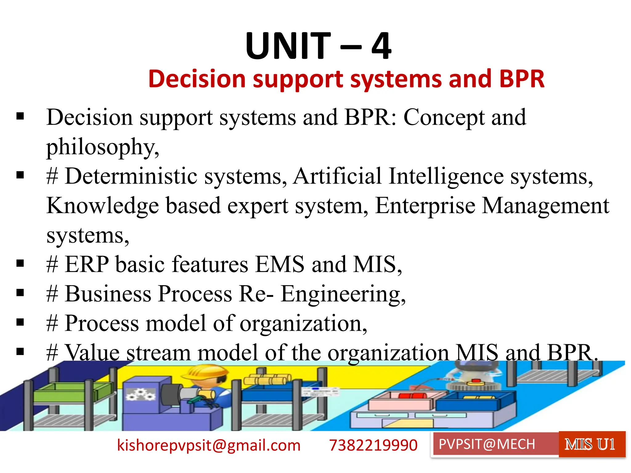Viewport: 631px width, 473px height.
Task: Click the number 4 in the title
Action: [381, 46]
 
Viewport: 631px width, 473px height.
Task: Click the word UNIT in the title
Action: [288, 46]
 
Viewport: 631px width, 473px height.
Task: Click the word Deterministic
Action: [131, 176]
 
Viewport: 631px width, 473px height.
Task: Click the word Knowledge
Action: [103, 206]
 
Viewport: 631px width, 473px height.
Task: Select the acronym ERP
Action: [87, 264]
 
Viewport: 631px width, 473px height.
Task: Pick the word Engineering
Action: [342, 294]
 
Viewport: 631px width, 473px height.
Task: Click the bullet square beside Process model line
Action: [20, 322]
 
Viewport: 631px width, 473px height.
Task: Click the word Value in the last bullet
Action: [92, 352]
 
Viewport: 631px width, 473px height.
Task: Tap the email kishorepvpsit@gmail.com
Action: [209, 445]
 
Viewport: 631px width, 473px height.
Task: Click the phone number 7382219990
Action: [373, 445]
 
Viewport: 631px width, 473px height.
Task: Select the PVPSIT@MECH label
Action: [487, 444]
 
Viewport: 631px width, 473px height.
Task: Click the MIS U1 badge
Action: [590, 444]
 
